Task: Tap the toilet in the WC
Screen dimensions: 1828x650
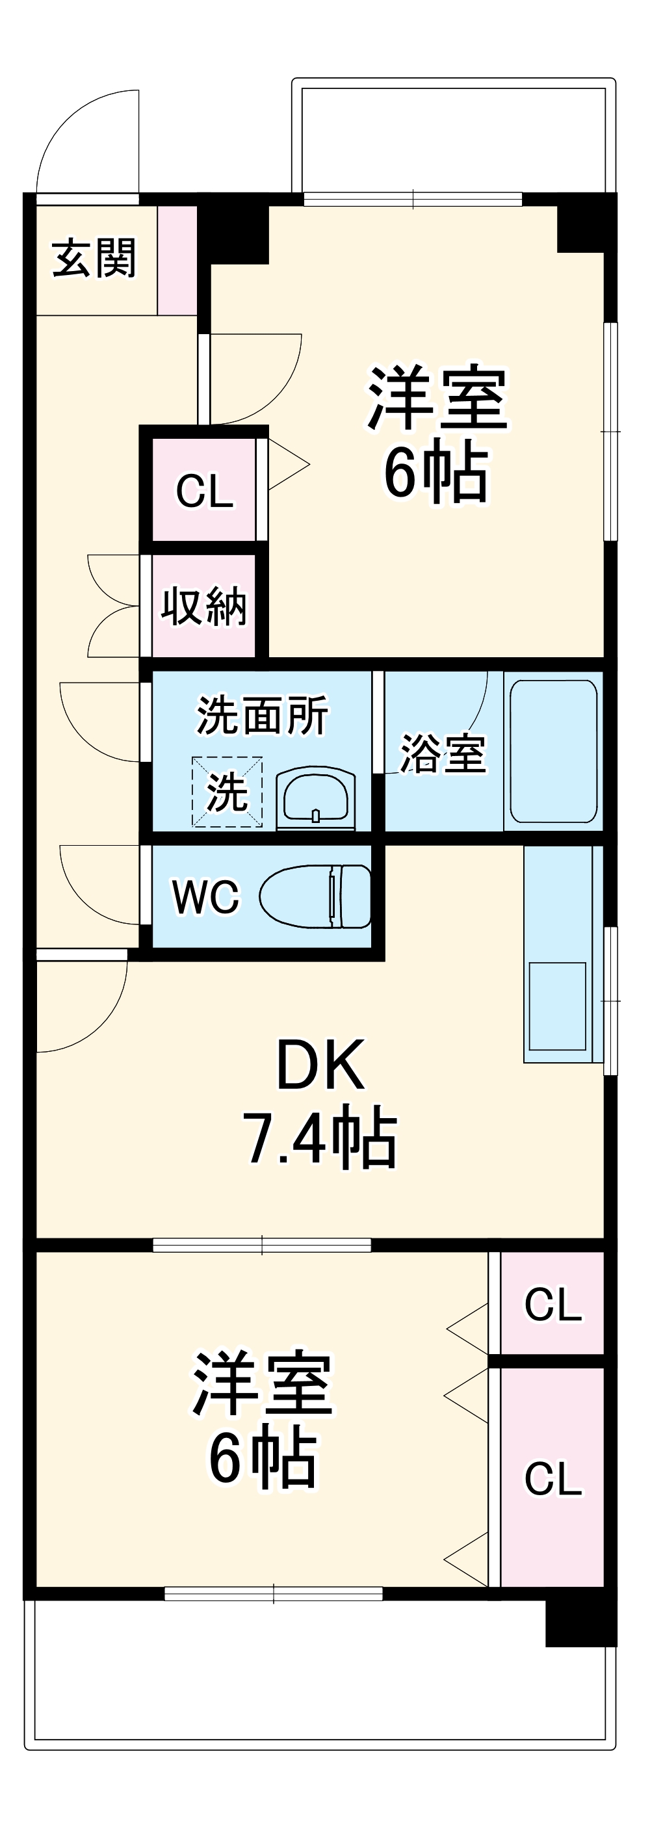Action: pos(316,896)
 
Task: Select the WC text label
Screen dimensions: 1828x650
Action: pos(206,897)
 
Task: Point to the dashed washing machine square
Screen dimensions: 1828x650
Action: pos(227,791)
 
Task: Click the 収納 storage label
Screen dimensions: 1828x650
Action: pos(203,607)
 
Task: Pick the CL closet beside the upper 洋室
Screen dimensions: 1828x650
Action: pos(204,490)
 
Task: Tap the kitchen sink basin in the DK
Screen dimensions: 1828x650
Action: pos(558,1005)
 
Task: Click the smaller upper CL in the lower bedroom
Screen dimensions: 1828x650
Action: pos(552,1304)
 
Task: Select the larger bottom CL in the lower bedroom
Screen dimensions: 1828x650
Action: pos(552,1479)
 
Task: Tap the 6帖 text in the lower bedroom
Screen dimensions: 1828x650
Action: pos(263,1458)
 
